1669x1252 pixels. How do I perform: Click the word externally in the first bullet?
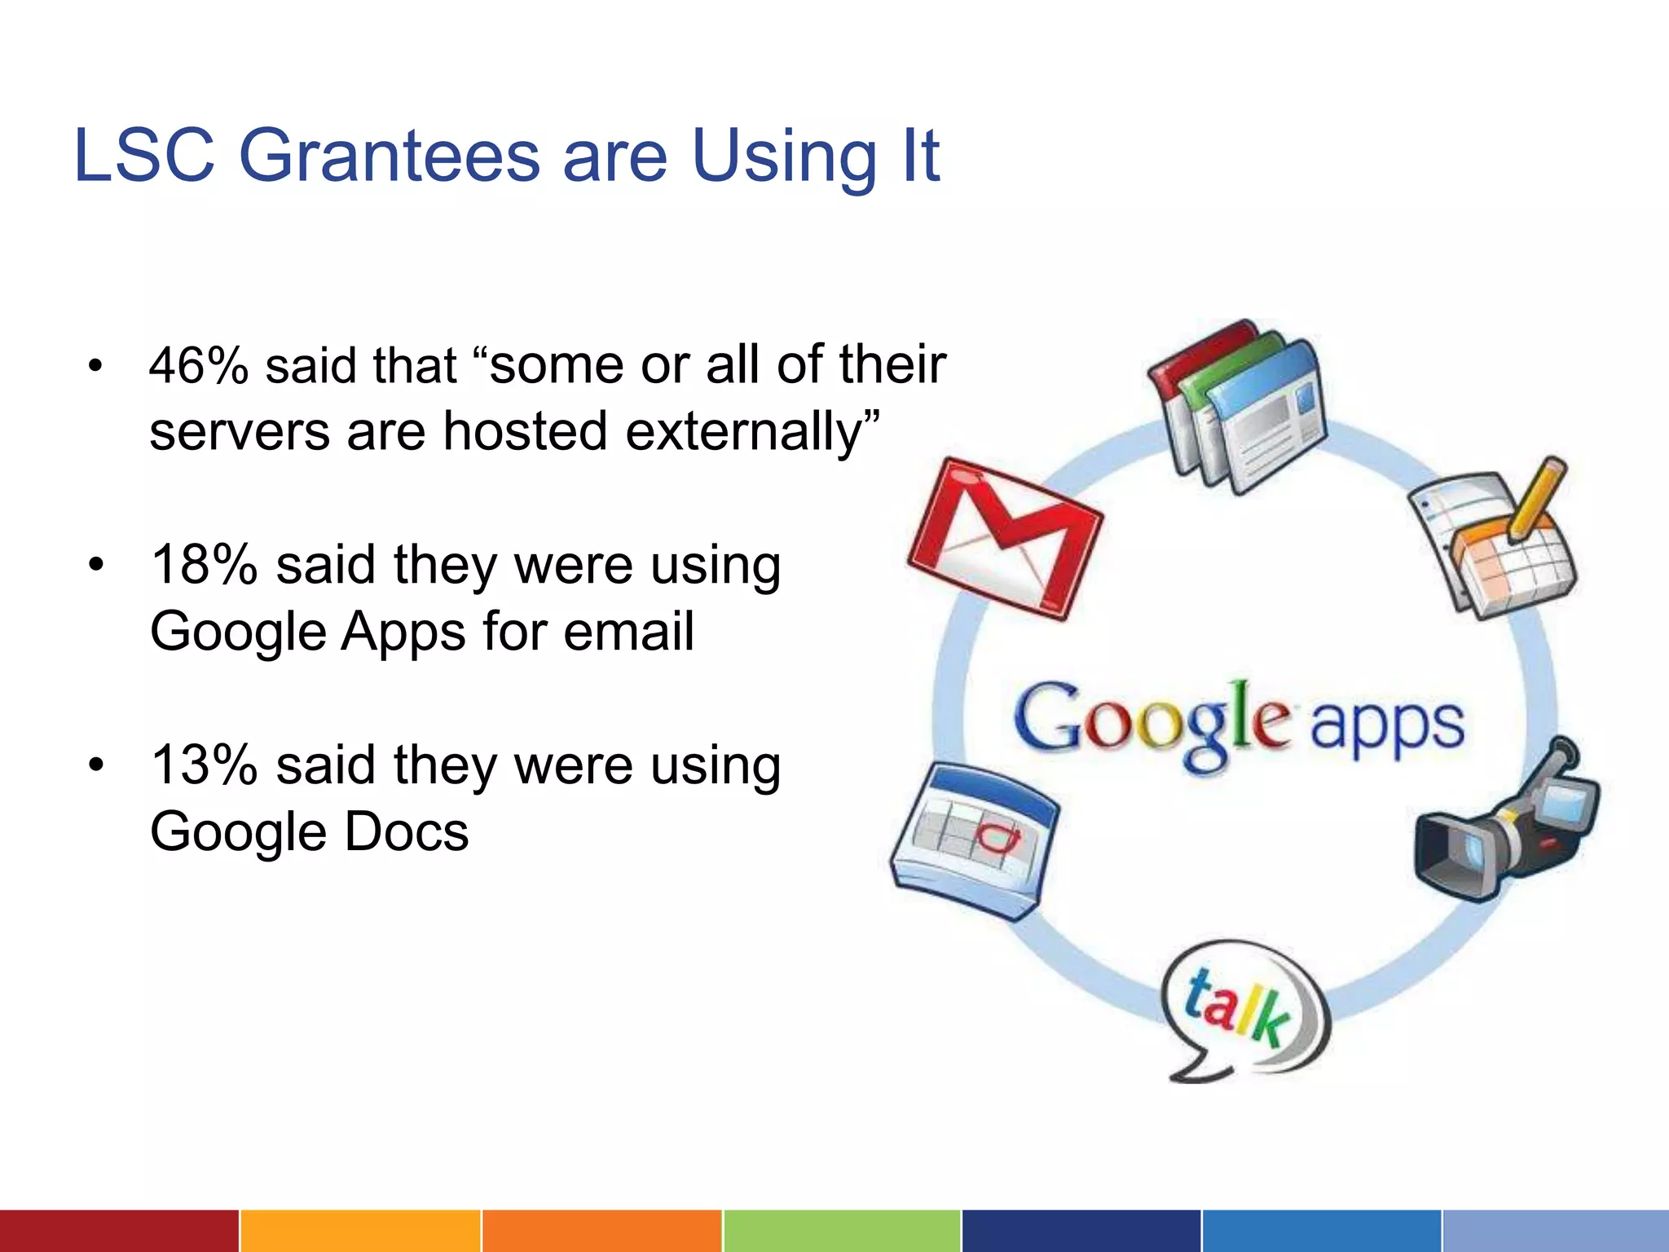(751, 431)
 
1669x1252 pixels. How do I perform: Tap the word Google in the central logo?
(1152, 721)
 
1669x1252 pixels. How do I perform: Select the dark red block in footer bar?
(119, 1231)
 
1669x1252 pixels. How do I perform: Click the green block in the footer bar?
(841, 1231)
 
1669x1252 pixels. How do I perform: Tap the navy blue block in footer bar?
(1081, 1231)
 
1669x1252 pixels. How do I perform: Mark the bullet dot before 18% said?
(96, 565)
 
